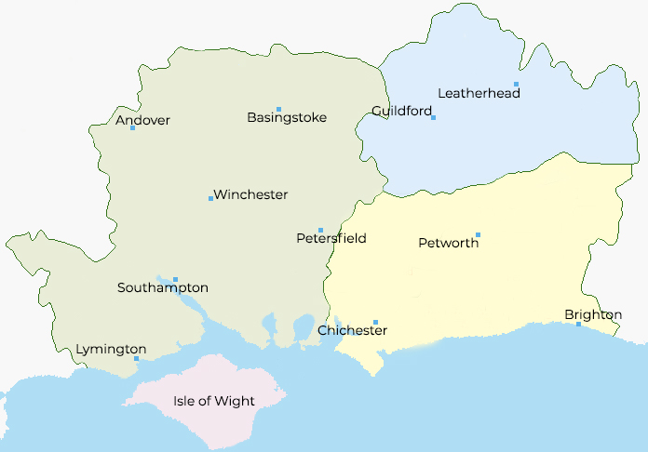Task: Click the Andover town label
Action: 142,120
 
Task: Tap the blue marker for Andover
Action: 132,127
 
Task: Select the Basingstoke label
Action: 287,118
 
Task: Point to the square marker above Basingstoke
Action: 278,110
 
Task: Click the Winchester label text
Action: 251,194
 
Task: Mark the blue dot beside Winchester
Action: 210,198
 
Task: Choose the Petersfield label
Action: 331,238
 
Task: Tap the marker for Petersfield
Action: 320,230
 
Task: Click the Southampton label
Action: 163,287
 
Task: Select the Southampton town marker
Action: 175,279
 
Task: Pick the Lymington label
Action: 111,349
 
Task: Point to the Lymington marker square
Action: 136,358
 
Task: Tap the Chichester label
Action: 352,330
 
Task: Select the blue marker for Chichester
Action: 375,322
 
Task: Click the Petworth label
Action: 449,243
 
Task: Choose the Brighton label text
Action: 593,315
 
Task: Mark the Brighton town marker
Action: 578,324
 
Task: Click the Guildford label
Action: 401,111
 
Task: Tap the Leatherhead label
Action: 473,92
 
